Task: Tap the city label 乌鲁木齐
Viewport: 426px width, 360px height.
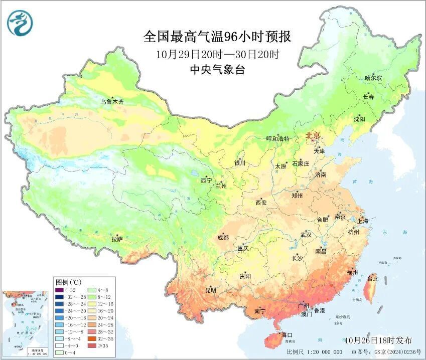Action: pyautogui.click(x=111, y=102)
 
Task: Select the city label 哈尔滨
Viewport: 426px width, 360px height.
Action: pyautogui.click(x=373, y=78)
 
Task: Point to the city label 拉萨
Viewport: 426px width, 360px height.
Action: pyautogui.click(x=116, y=239)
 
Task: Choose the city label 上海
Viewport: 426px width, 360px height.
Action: pyautogui.click(x=363, y=221)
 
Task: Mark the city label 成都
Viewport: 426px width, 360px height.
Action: pyautogui.click(x=223, y=238)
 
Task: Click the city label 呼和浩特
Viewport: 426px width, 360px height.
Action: pyautogui.click(x=277, y=138)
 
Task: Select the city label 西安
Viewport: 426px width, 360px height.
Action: pyautogui.click(x=261, y=203)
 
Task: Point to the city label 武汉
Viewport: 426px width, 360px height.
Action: pyautogui.click(x=306, y=235)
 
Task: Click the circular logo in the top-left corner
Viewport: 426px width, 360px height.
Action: pyautogui.click(x=19, y=23)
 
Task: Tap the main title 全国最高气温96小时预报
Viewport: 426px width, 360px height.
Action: pyautogui.click(x=217, y=37)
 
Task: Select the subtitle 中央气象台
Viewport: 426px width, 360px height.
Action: pyautogui.click(x=217, y=70)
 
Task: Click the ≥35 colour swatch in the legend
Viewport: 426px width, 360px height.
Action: pyautogui.click(x=92, y=346)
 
